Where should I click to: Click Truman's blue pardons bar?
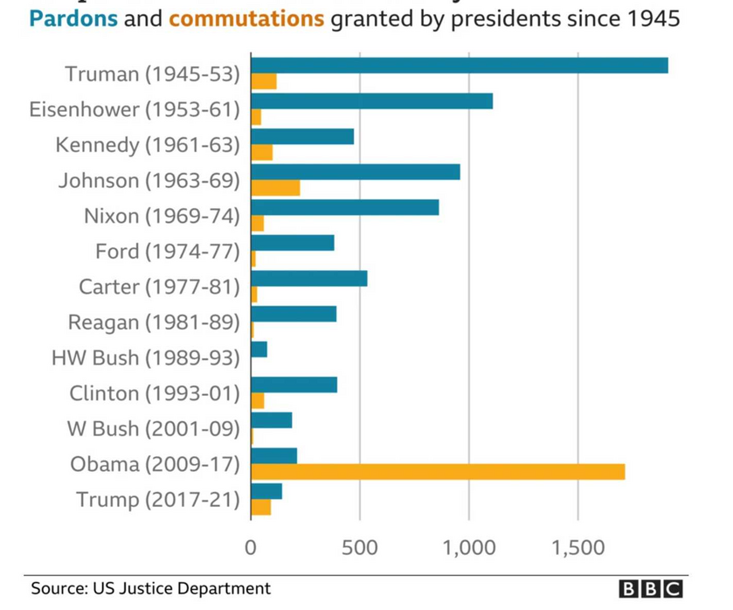pos(459,66)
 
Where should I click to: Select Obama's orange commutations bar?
pos(437,472)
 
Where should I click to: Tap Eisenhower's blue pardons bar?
pos(371,101)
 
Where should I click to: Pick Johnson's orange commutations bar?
pos(275,188)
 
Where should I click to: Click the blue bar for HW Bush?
pos(259,350)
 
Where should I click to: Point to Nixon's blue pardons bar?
pos(344,207)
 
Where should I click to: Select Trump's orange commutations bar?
pos(260,507)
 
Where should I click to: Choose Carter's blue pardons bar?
pos(308,279)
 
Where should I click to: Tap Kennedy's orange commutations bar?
pos(261,152)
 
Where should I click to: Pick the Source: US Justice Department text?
pos(150,589)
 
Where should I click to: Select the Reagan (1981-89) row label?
pos(154,322)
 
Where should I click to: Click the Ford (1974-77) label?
pos(167,252)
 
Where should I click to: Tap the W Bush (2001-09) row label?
pos(153,429)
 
